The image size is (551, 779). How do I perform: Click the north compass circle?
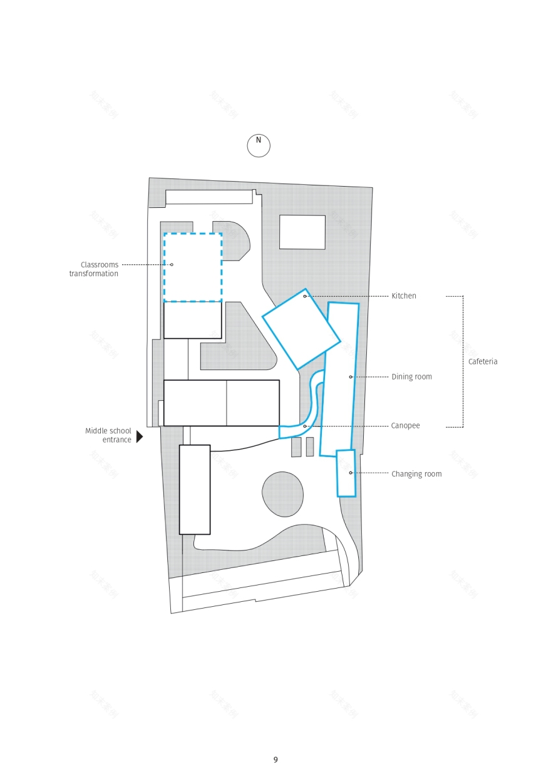(259, 145)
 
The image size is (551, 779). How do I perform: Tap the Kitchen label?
(404, 296)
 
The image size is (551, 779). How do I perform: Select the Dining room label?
(411, 377)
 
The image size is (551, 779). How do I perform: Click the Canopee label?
(406, 426)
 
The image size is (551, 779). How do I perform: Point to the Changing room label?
(416, 474)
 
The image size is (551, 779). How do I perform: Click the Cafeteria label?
(483, 362)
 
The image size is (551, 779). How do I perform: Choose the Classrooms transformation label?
(94, 269)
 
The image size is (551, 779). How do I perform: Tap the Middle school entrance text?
(108, 435)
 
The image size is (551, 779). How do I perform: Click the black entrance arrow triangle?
(139, 436)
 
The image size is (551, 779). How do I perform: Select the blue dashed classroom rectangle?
(193, 267)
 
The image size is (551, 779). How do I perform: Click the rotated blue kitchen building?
(301, 329)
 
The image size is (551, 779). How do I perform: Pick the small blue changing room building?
(346, 473)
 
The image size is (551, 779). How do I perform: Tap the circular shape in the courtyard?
(283, 494)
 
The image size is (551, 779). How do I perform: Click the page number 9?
(275, 760)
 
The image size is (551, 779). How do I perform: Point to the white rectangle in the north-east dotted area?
(302, 232)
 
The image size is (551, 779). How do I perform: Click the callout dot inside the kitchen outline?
(305, 296)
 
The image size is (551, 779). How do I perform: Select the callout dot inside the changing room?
(351, 473)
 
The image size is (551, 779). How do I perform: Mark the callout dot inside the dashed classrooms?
(172, 264)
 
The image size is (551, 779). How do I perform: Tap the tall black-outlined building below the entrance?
(195, 489)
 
